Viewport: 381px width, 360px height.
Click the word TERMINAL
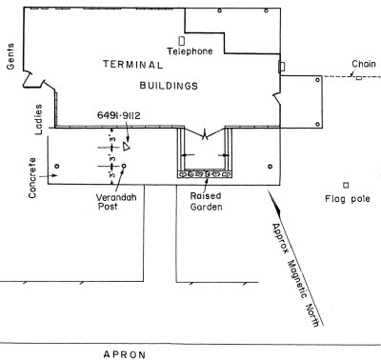133,65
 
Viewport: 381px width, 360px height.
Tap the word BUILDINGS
169,86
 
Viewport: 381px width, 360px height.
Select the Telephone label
190,51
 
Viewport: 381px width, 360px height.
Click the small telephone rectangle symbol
182,41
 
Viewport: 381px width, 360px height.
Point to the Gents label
10,56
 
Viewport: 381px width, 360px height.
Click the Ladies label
38,119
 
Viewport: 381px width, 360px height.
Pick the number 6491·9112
118,115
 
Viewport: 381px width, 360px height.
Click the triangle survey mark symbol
127,147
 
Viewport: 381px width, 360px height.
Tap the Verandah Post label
116,202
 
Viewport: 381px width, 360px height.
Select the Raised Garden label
206,202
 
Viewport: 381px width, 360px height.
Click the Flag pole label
348,199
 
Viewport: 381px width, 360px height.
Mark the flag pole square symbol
346,185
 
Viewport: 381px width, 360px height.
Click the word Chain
364,64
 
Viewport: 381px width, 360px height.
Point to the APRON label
125,354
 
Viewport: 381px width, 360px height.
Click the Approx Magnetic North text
295,275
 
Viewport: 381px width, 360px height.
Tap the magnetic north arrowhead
275,206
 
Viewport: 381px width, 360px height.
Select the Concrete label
32,178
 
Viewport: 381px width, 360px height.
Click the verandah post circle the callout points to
124,166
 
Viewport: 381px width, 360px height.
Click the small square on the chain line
358,77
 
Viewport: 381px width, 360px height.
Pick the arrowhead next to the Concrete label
54,175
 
